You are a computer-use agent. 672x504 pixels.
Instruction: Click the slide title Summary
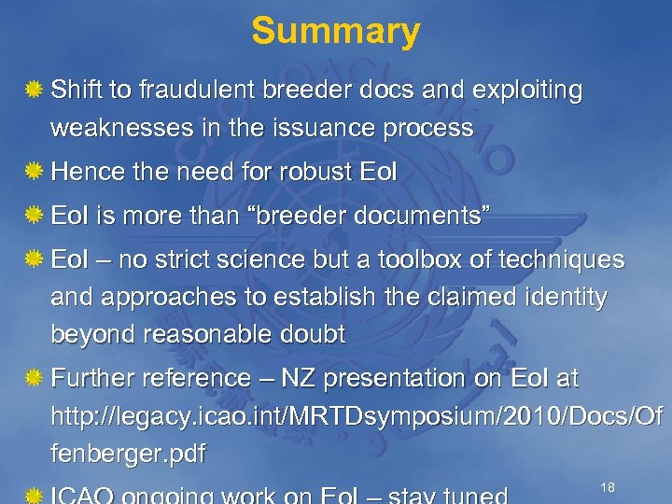[336, 31]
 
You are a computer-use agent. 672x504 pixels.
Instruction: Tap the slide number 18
[608, 488]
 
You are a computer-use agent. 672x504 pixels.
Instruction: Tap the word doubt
[314, 334]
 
